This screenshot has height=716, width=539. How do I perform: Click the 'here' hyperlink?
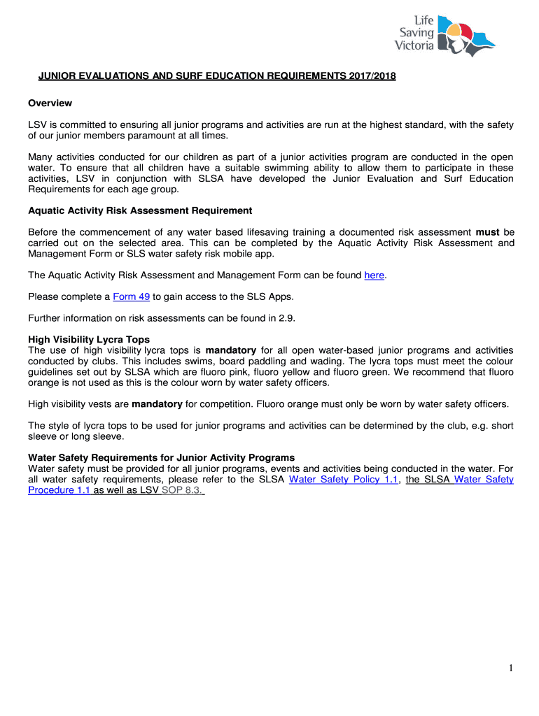374,275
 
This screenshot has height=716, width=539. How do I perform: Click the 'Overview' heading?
50,103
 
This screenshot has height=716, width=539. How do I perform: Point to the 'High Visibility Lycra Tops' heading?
89,340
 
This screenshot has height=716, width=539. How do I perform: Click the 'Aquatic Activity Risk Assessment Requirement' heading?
140,210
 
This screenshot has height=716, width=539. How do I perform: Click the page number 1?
512,668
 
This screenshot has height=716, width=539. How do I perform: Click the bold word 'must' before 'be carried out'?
487,232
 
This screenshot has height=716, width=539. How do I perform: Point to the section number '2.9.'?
287,318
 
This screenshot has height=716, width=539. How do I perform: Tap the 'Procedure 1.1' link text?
59,490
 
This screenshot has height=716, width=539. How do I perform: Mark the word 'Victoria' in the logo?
414,46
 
